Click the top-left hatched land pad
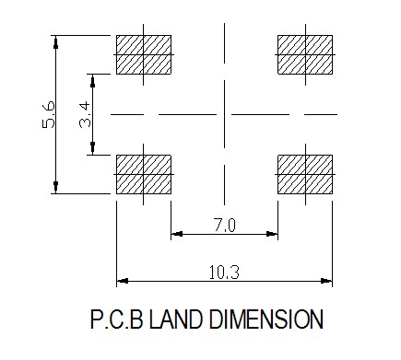[144, 54]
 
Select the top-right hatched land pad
[305, 54]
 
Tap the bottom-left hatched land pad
[144, 174]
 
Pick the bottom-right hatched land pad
[305, 174]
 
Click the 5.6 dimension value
[49, 114]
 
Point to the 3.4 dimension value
[85, 114]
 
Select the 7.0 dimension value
[225, 226]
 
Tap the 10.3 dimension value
[224, 273]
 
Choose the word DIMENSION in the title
[266, 319]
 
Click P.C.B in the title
[117, 319]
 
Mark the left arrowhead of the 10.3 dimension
[123, 281]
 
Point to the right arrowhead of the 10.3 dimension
[326, 281]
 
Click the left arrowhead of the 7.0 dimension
[177, 234]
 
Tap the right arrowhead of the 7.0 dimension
[272, 234]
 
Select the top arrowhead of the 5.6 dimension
[55, 41]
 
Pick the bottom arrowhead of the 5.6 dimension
[55, 187]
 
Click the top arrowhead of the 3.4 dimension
[92, 80]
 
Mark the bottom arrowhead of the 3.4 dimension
[92, 148]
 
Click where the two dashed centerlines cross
[224, 114]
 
